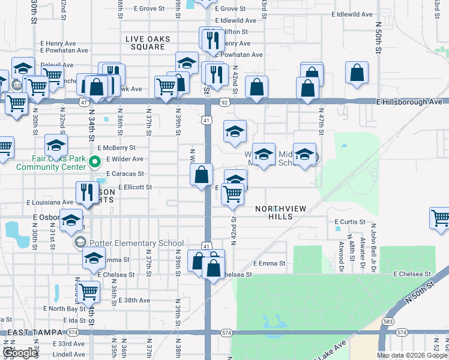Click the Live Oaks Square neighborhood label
click(x=148, y=43)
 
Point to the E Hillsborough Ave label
click(x=409, y=102)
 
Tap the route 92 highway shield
click(x=224, y=103)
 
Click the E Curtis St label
click(x=349, y=222)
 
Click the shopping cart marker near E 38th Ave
click(x=88, y=292)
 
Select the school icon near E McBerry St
click(x=56, y=145)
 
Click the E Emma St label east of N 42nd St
click(x=268, y=263)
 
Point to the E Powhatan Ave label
click(x=241, y=55)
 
